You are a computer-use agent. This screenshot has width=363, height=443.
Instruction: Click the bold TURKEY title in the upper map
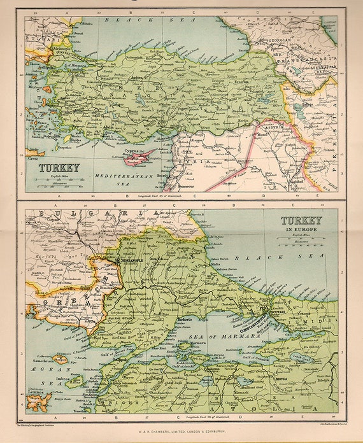pyautogui.click(x=59, y=168)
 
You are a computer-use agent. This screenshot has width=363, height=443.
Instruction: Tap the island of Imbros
pyautogui.click(x=72, y=380)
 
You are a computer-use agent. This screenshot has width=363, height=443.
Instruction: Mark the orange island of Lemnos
pyautogui.click(x=36, y=400)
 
